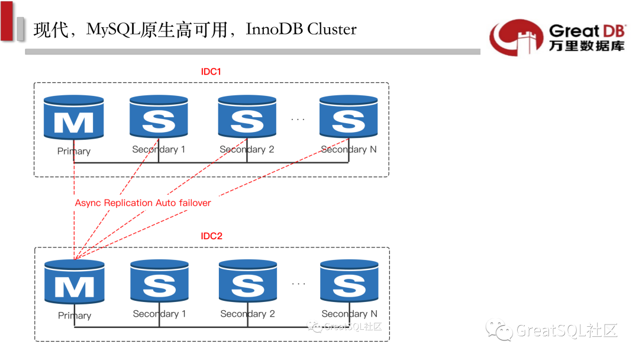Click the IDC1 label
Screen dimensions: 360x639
(x=211, y=72)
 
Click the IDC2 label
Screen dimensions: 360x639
(x=211, y=236)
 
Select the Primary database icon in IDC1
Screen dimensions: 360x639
(x=74, y=118)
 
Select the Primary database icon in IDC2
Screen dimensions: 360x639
(x=75, y=284)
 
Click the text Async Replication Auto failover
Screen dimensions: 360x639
(x=143, y=203)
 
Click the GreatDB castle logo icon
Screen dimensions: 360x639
(x=516, y=37)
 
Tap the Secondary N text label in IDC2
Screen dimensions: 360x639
(x=349, y=314)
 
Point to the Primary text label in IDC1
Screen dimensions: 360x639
(x=74, y=151)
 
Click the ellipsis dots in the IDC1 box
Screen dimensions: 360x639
(x=298, y=120)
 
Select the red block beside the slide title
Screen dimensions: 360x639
(x=7, y=21)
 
